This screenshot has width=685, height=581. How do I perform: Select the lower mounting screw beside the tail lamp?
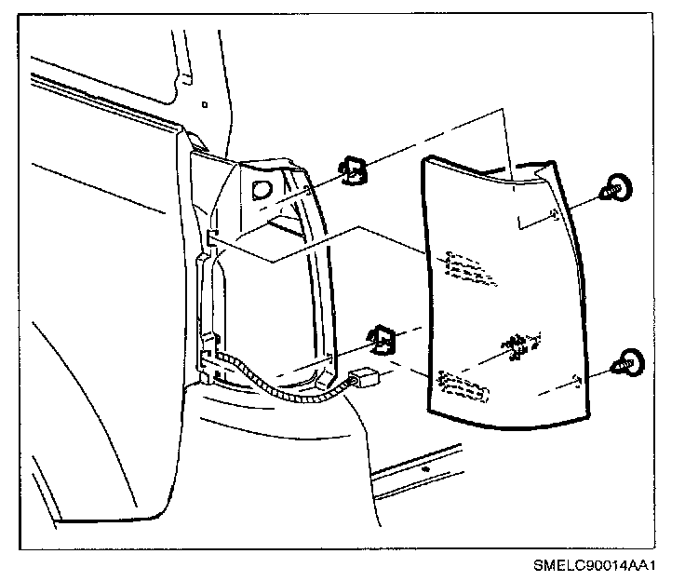pyautogui.click(x=626, y=363)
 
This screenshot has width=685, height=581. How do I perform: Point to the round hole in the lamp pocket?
pyautogui.click(x=262, y=190)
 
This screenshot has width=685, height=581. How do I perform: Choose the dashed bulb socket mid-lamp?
pyautogui.click(x=521, y=345)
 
